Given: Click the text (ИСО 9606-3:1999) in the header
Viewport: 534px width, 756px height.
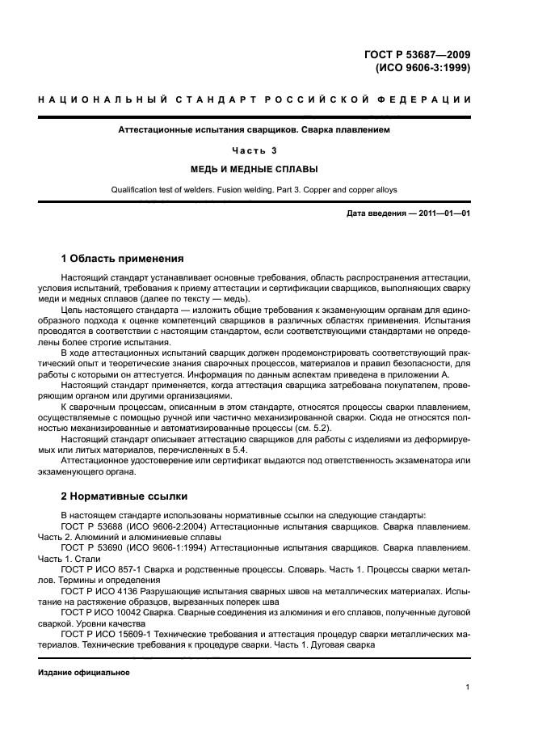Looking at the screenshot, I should [423, 68].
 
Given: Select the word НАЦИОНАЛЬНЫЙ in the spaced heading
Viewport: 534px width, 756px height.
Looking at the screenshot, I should [95, 100].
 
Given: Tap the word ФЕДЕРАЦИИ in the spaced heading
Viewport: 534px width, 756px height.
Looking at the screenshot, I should [431, 100].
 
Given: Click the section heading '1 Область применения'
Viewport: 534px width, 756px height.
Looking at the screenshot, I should [122, 259].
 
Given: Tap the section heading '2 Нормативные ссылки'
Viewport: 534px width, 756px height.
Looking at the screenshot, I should [124, 495].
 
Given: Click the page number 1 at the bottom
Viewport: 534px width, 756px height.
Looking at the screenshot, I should [468, 687].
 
